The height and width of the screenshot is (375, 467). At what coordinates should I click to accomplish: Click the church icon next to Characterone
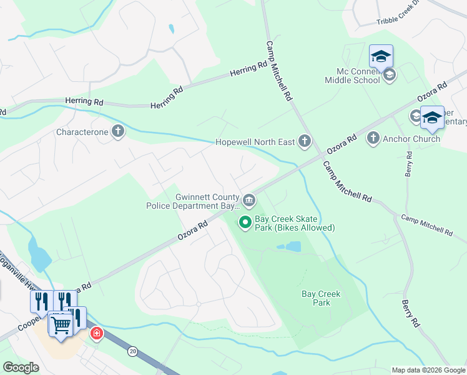point(117,132)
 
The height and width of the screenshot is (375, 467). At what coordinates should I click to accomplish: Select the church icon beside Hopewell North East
point(305,141)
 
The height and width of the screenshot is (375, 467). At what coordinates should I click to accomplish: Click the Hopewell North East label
point(255,142)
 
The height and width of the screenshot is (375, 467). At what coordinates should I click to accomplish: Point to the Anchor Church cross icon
point(373,138)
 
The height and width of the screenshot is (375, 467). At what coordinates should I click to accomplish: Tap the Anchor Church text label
point(411,139)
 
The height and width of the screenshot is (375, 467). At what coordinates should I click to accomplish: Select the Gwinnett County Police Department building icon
point(248,200)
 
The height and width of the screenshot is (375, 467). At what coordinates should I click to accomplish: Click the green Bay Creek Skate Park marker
point(245,222)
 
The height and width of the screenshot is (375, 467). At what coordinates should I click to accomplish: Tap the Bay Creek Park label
point(315,297)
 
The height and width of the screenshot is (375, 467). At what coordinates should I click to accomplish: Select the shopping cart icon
point(61,324)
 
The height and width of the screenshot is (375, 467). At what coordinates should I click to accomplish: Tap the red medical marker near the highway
point(96,333)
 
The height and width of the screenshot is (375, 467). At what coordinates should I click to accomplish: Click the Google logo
point(21,368)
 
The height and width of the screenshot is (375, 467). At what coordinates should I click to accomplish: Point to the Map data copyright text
point(428,370)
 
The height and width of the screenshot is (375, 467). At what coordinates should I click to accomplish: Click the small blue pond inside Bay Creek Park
point(288,247)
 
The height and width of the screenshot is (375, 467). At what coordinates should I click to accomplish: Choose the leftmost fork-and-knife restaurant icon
point(39,301)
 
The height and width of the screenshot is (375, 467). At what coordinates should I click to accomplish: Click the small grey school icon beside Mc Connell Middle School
point(390,76)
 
